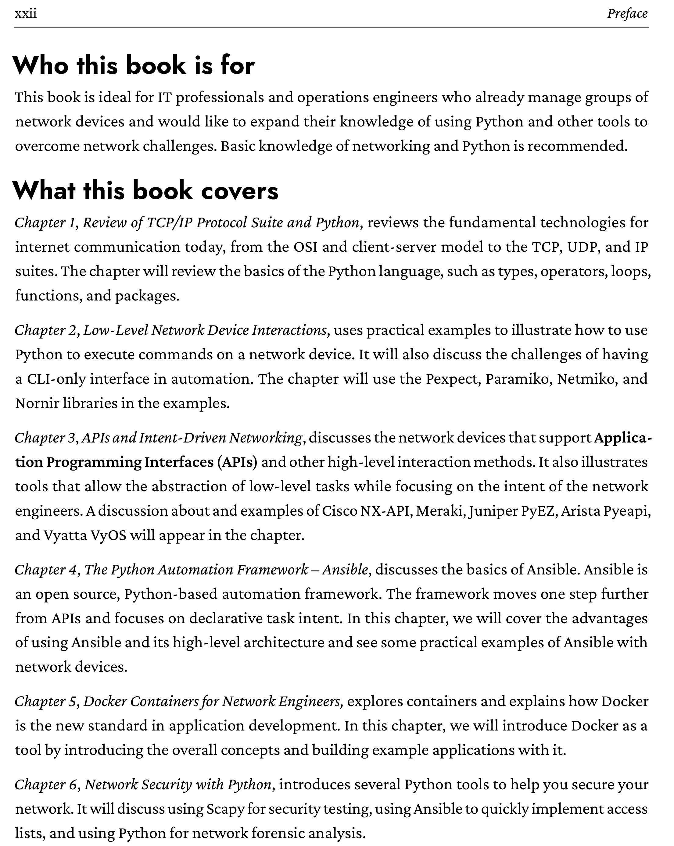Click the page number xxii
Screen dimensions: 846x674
(x=26, y=14)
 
